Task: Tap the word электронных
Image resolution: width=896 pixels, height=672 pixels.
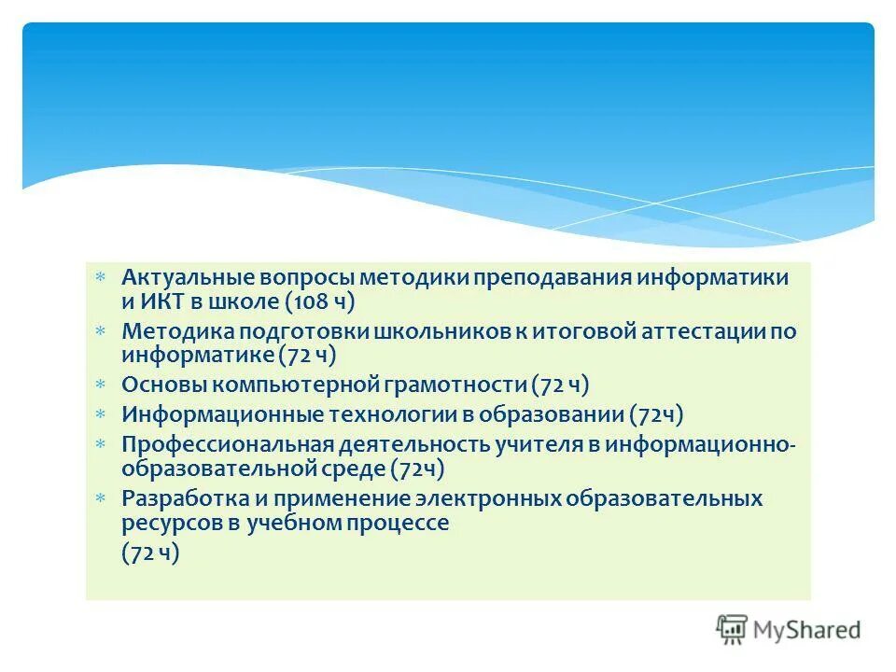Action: point(479,498)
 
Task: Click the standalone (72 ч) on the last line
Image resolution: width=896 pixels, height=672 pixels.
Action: point(149,552)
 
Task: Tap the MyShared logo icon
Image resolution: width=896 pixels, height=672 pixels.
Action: point(732,629)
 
